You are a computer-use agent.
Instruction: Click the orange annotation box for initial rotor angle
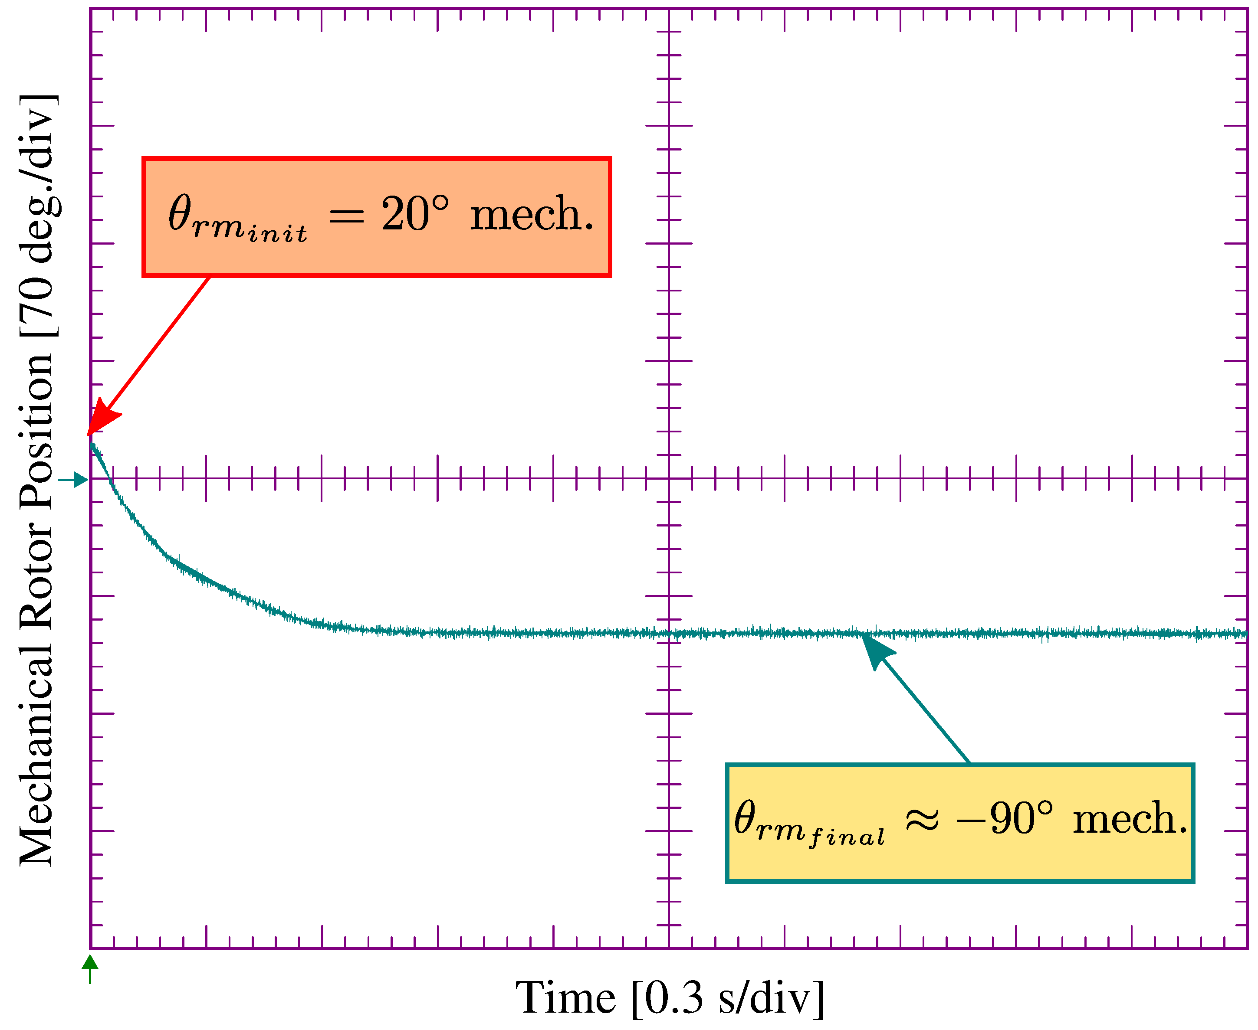(376, 217)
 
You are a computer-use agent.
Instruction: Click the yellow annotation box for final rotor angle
(960, 823)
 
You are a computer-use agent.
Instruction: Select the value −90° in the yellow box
(1005, 819)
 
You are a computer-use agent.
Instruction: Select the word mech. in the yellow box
(1130, 819)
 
